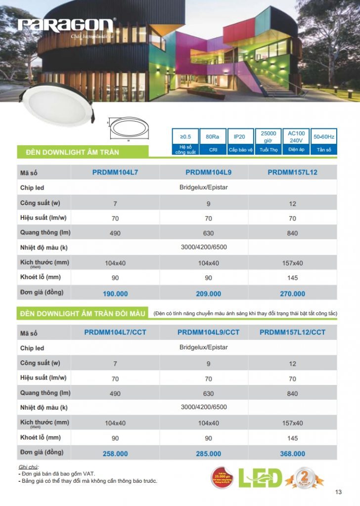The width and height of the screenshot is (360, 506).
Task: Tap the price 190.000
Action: coord(115,294)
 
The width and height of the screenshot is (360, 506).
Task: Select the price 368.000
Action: coord(293,454)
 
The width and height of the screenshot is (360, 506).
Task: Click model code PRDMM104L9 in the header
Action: coord(208,172)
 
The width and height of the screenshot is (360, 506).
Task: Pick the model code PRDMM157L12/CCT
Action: coord(293,333)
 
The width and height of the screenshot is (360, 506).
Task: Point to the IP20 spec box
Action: coord(240,136)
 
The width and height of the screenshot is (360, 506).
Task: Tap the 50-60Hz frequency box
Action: coord(324,136)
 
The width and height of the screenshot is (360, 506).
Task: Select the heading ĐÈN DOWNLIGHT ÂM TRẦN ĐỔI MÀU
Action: coord(83,314)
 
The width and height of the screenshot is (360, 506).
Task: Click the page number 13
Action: coord(338,492)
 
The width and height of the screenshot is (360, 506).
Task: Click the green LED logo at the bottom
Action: coord(260,477)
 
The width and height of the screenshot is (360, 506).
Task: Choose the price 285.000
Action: coord(208,454)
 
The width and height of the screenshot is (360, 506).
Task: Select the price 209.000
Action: coord(208,294)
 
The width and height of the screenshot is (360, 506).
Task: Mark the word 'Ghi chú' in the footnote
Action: coord(28,467)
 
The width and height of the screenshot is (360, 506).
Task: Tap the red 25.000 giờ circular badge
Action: coord(223,477)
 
